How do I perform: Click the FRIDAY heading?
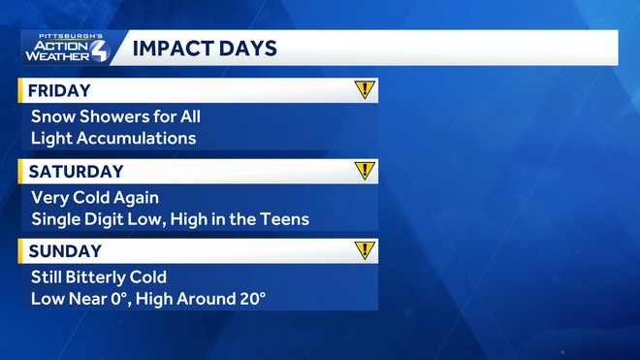(59, 91)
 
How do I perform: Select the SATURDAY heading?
(76, 172)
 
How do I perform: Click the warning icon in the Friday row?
(364, 90)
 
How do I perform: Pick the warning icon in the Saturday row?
(364, 171)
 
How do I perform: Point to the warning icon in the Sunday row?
(364, 250)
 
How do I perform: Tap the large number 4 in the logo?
(101, 49)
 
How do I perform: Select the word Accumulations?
(137, 138)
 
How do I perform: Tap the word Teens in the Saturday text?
(285, 219)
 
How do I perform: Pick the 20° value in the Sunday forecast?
(249, 299)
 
